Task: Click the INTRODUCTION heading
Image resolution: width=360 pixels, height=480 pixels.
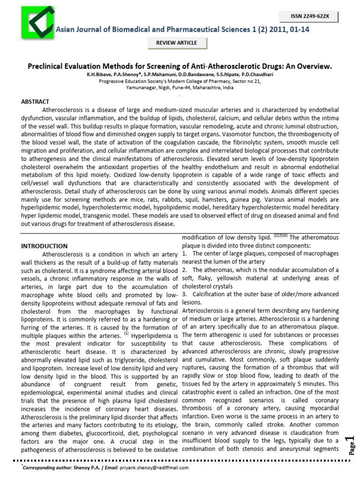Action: (x=45, y=246)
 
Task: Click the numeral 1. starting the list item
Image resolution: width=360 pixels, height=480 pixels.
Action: (x=185, y=254)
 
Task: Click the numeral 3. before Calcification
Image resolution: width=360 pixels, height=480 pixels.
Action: (x=185, y=294)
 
